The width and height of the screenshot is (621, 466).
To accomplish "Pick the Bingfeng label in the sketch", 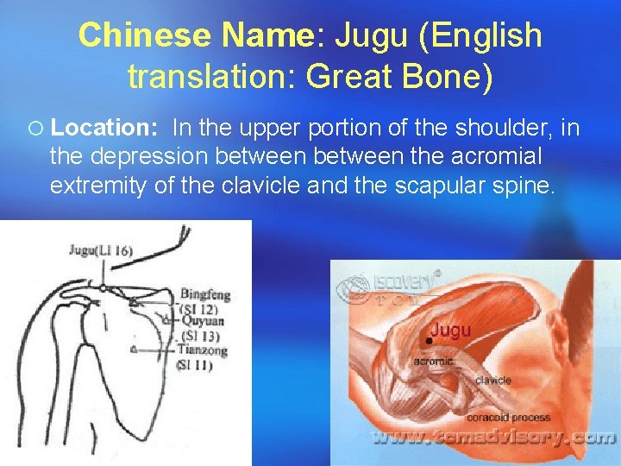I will [x=205, y=294].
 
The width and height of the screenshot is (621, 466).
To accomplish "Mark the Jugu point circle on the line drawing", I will [x=103, y=287].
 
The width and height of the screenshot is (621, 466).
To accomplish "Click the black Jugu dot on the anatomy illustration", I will [x=428, y=342].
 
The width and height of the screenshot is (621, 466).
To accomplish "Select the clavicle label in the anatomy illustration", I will [x=492, y=380].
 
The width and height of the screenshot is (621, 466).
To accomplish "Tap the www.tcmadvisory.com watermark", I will [x=492, y=438].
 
